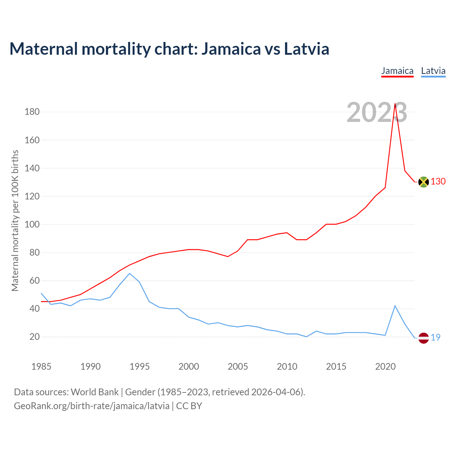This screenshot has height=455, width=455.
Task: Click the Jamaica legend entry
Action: [397, 71]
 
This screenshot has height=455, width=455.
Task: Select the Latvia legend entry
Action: [433, 71]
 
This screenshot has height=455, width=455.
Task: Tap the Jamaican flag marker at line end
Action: [423, 182]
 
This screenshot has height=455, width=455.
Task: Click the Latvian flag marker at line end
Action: [423, 338]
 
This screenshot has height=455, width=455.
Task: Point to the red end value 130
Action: [438, 182]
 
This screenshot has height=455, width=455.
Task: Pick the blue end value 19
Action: [435, 338]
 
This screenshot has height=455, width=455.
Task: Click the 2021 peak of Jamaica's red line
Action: [395, 104]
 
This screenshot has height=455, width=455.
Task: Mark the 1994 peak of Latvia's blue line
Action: [129, 273]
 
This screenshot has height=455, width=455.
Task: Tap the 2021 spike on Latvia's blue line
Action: [395, 306]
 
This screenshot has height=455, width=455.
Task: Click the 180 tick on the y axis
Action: [32, 112]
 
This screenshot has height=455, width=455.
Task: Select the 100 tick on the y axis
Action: [32, 225]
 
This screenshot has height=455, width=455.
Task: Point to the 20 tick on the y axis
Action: [34, 337]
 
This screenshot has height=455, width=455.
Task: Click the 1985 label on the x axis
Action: [41, 366]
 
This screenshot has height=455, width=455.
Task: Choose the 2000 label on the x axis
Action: [188, 366]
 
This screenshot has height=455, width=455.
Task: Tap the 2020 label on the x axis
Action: [385, 366]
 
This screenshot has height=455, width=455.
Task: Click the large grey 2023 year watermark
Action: [377, 113]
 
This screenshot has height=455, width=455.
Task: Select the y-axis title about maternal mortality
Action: [15, 220]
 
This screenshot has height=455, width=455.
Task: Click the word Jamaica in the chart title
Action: [231, 49]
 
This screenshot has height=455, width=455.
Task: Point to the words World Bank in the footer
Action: [95, 392]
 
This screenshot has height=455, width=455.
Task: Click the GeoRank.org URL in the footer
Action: [91, 406]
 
